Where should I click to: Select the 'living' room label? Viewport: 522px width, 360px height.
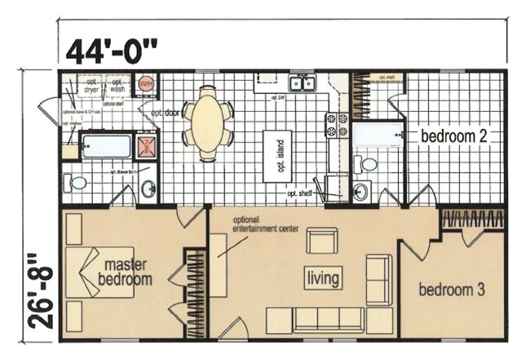click(x=323, y=279)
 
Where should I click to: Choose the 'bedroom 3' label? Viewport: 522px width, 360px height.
click(x=450, y=291)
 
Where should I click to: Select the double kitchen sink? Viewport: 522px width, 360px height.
click(x=301, y=82)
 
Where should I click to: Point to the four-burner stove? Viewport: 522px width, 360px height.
click(x=337, y=124)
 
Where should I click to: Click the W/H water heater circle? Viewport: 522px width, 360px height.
click(x=146, y=83)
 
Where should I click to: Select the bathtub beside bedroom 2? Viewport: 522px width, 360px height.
click(x=378, y=134)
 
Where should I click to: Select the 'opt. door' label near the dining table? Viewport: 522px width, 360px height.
click(x=170, y=113)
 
